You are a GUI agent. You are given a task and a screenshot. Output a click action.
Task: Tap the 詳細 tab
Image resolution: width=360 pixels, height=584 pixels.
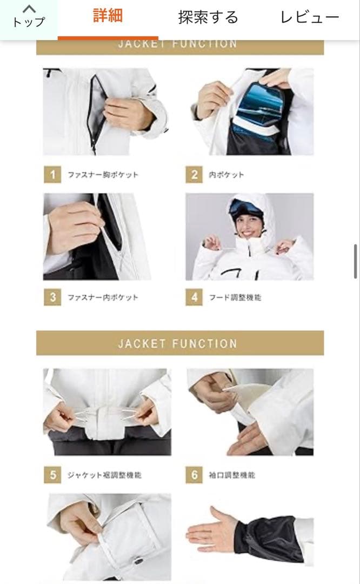coord(108,16)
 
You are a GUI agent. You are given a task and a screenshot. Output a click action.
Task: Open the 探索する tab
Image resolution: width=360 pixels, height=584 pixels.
coord(208,17)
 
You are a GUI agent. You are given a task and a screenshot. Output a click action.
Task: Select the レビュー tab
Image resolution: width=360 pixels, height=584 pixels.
coord(309,17)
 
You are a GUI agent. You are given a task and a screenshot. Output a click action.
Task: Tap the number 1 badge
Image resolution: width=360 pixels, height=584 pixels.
coord(52,175)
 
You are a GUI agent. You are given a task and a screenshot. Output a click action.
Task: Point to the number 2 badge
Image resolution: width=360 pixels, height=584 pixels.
coord(194,175)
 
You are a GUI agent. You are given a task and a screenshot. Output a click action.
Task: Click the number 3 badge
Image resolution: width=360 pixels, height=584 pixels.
coord(52,297)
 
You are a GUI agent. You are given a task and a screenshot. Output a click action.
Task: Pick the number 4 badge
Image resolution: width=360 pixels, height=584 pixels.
coord(194,297)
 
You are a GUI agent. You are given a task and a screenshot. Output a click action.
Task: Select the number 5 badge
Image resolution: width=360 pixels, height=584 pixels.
coord(52,475)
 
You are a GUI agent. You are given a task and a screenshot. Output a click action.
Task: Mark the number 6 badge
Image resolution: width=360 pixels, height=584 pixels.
coord(194,475)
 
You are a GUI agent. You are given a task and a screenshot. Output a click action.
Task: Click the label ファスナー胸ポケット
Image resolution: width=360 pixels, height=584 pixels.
coord(103,175)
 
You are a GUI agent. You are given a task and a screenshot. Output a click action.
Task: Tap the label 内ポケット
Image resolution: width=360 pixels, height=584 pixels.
coord(226,175)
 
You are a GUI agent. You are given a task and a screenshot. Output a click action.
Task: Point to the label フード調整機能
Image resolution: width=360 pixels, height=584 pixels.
coord(235,297)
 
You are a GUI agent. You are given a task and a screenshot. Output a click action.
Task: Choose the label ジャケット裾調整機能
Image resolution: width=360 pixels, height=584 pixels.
coord(104,475)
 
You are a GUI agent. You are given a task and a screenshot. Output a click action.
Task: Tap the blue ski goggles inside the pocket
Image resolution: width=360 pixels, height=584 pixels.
coord(257,106)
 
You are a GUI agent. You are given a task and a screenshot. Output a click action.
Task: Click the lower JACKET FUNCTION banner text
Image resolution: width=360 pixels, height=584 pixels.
coord(177,343)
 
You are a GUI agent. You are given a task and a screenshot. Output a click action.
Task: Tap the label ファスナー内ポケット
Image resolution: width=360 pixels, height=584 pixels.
coord(103,297)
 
